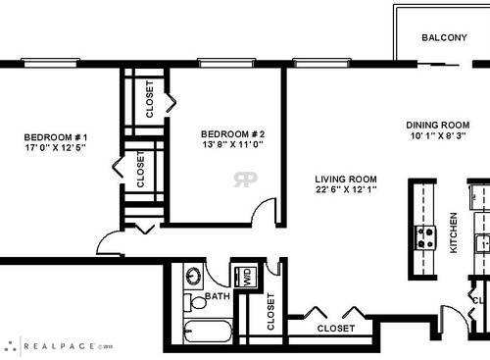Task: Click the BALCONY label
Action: [x=444, y=37]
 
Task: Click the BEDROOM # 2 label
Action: [x=233, y=133]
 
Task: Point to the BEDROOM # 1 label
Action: [x=57, y=136]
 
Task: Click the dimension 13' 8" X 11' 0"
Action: [x=233, y=145]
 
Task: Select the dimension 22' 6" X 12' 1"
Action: [x=345, y=189]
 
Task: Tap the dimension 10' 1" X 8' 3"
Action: [x=437, y=136]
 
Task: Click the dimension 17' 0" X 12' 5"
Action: [x=57, y=148]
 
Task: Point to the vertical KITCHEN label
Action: [x=453, y=233]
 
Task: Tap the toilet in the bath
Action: [x=196, y=300]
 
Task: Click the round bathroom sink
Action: [x=194, y=276]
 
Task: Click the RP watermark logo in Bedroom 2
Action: [x=245, y=179]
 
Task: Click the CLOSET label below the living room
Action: [x=336, y=329]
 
